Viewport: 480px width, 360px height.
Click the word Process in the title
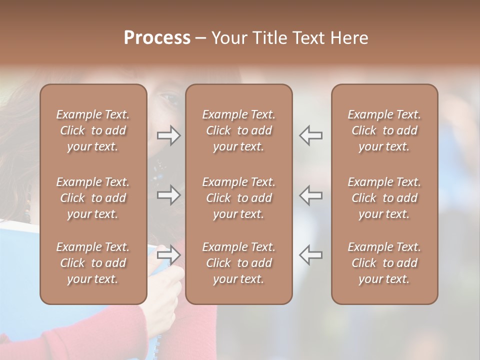point(157,38)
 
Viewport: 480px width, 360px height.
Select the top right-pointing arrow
point(168,135)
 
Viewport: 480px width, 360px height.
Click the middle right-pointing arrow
point(168,195)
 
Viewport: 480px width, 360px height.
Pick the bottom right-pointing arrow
point(168,255)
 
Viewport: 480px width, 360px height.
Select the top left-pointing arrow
point(310,135)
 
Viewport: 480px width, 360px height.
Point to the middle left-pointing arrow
point(310,195)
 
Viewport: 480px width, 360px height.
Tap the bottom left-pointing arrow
point(310,255)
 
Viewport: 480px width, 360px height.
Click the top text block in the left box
point(93,130)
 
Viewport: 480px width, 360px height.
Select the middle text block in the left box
point(93,198)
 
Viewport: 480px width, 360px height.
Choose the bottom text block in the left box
point(93,263)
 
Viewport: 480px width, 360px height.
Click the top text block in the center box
point(239,130)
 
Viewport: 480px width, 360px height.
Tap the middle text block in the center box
point(239,198)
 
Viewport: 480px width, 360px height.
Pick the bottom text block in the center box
point(239,263)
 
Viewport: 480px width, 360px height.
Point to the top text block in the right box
point(384,130)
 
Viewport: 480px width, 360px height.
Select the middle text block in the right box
point(384,198)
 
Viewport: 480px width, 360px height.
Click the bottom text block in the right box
point(384,263)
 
